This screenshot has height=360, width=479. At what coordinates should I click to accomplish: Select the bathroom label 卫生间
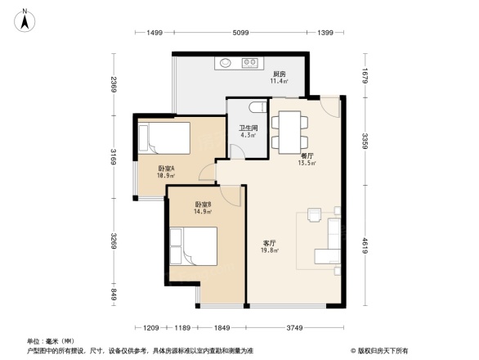(248, 128)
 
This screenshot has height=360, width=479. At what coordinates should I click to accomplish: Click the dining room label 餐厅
(307, 155)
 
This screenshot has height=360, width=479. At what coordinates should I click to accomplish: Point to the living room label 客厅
(270, 243)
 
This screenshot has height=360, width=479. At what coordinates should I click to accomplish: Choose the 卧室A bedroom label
(166, 169)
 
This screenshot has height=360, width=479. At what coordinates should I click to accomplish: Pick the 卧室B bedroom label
(203, 204)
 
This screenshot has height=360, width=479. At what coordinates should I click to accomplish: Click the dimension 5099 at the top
(240, 34)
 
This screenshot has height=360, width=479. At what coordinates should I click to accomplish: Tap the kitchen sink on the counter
(226, 61)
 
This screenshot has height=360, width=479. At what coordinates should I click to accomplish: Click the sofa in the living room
(334, 242)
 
